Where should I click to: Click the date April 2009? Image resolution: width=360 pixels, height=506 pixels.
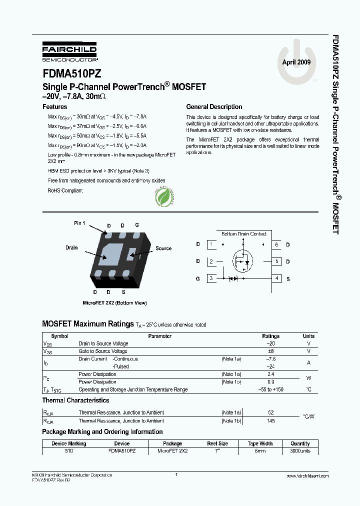[x=296, y=62]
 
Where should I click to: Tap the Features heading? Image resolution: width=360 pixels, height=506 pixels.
[x=54, y=107]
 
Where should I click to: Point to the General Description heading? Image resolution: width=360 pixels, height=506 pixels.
[x=214, y=107]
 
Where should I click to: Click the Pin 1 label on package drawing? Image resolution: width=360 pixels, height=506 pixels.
[x=79, y=223]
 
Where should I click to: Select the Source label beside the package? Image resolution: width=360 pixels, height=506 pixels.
[x=163, y=248]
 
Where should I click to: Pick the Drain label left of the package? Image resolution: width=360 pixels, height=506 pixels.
[x=71, y=247]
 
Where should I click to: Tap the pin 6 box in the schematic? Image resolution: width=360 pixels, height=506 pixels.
[x=276, y=244]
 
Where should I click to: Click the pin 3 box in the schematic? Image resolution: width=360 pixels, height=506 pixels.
[x=211, y=278]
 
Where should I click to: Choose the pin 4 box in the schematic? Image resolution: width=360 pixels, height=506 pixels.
[x=276, y=278]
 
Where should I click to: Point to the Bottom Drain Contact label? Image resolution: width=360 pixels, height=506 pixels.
[x=243, y=234]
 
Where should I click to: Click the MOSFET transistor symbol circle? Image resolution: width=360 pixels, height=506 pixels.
[x=243, y=261]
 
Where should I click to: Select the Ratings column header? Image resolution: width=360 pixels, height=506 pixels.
[x=271, y=336]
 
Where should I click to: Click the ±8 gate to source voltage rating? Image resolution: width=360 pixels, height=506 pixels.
[x=271, y=351]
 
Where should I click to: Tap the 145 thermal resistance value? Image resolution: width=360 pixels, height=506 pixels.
[x=271, y=421]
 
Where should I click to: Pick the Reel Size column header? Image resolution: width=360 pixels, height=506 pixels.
[x=217, y=443]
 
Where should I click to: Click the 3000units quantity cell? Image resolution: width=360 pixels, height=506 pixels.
[x=300, y=451]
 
